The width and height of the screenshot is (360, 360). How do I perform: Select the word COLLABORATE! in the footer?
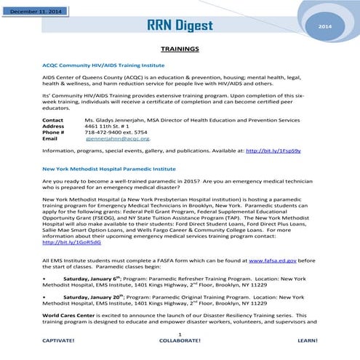click(x=179, y=340)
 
